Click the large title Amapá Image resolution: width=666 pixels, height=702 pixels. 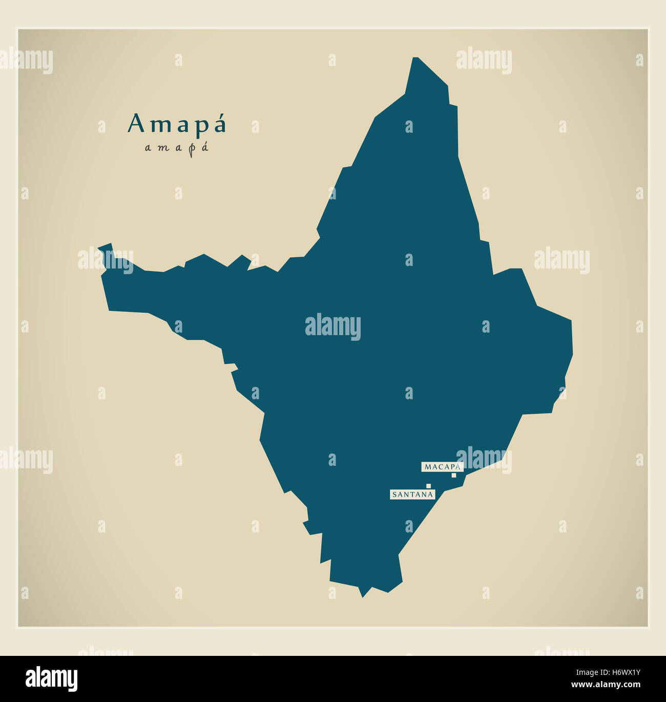click(x=177, y=123)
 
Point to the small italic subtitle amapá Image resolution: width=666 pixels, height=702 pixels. click(x=177, y=148)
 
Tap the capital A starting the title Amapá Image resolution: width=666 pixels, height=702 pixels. click(x=136, y=123)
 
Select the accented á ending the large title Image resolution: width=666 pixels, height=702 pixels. click(x=219, y=123)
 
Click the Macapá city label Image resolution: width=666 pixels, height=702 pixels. click(x=442, y=467)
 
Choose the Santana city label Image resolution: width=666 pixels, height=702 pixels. click(x=413, y=494)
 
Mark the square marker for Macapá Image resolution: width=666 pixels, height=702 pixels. click(x=453, y=476)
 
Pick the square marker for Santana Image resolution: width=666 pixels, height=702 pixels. click(x=428, y=486)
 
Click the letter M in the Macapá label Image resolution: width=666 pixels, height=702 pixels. click(x=428, y=467)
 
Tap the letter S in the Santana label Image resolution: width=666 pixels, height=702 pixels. click(x=394, y=494)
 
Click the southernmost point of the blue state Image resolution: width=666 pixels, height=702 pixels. click(x=362, y=596)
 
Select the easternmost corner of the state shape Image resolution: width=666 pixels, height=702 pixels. click(x=572, y=354)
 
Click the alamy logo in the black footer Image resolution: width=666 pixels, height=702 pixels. click(x=51, y=679)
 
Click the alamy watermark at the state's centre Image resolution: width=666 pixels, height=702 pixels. click(x=333, y=326)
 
